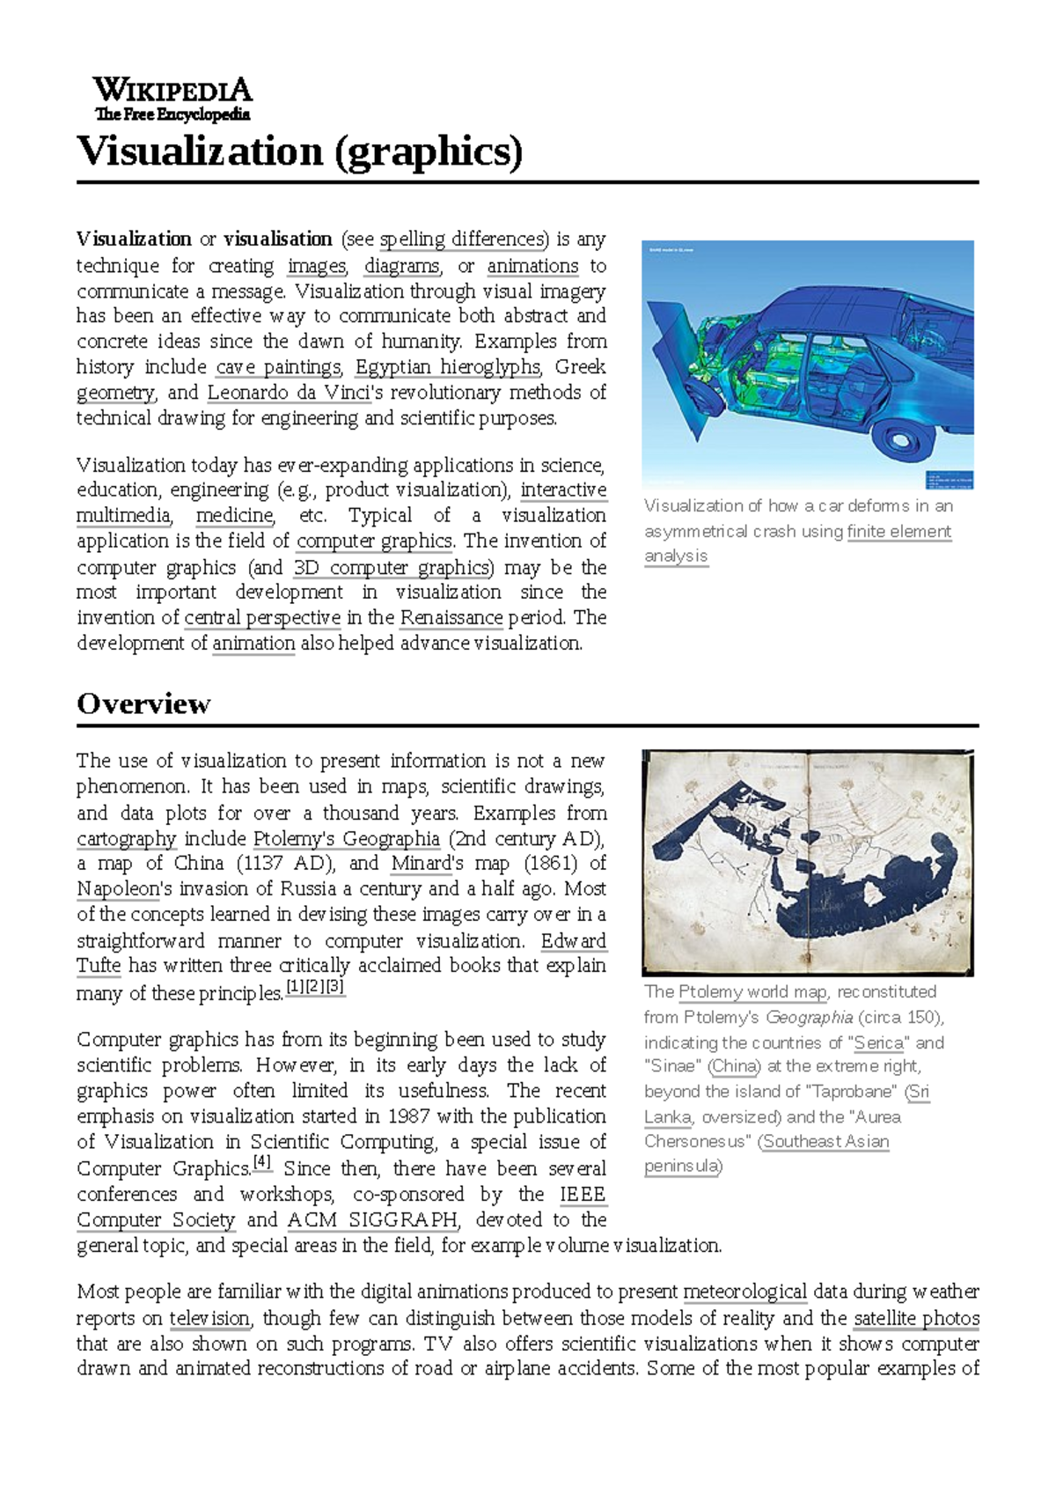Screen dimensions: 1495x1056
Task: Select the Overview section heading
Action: coord(143,703)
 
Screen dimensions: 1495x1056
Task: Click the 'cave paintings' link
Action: coord(278,367)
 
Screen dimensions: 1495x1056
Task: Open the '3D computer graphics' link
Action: coord(393,568)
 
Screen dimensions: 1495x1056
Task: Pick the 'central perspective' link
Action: coord(262,618)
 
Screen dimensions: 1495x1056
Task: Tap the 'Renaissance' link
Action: coord(451,618)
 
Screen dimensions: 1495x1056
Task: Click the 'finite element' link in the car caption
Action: coord(898,532)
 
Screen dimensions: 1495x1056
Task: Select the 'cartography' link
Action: coord(126,839)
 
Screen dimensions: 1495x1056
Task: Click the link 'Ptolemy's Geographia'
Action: coord(346,839)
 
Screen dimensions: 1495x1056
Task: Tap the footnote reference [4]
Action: coord(262,1164)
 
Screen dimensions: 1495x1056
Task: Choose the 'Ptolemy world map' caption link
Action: coord(752,992)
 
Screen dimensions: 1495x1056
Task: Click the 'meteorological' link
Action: coord(744,1292)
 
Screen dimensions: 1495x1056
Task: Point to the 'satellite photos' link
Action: coord(915,1319)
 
